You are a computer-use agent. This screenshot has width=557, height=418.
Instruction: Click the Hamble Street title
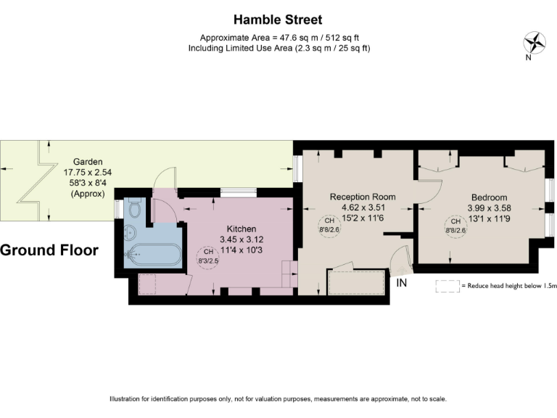[278, 20]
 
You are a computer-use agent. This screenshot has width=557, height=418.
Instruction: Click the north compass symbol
[535, 41]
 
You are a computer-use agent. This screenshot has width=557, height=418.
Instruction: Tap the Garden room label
[87, 162]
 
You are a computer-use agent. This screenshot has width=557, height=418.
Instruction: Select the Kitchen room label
[242, 228]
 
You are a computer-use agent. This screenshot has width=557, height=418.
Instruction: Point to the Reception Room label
[363, 197]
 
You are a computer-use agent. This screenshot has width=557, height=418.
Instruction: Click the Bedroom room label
[489, 197]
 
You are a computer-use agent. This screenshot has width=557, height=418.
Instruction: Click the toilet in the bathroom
[133, 210]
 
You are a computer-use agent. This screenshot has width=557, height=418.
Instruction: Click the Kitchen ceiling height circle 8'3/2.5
[206, 256]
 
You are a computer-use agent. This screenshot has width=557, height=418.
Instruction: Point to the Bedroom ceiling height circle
[455, 226]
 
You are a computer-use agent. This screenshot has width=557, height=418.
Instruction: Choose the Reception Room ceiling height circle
[329, 226]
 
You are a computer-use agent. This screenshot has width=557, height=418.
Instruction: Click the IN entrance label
[402, 283]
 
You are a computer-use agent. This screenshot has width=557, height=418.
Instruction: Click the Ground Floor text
[49, 250]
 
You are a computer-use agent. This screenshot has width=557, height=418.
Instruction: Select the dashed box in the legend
[446, 286]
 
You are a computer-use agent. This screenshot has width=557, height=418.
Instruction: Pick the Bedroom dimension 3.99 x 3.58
[489, 208]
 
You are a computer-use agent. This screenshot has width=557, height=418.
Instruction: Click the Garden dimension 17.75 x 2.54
[87, 173]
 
